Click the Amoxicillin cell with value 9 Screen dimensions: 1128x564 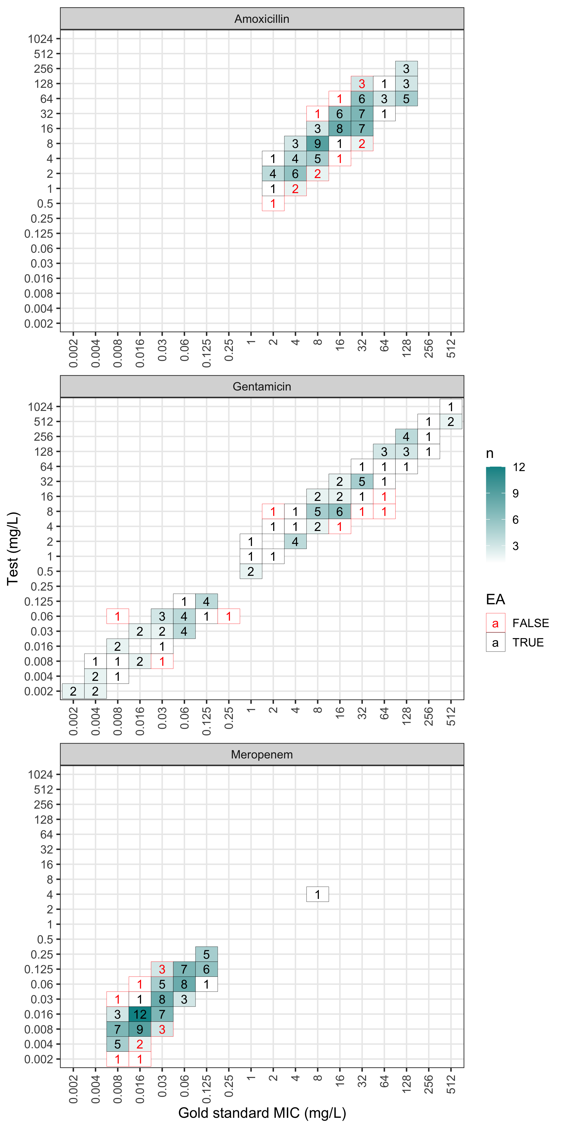(317, 144)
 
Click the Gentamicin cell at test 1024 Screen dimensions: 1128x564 (451, 407)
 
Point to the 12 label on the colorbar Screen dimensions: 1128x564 (519, 467)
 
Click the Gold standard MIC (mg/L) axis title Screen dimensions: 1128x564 (262, 1113)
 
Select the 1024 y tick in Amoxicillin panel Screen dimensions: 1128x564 (40, 39)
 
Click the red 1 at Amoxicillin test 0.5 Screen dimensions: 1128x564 (273, 204)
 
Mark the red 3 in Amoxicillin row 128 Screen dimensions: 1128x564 (362, 84)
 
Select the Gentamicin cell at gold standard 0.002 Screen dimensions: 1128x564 (73, 691)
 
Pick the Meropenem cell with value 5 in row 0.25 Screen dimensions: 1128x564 (206, 955)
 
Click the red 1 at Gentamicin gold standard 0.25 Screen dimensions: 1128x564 (229, 617)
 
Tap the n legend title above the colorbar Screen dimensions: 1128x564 (490, 454)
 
